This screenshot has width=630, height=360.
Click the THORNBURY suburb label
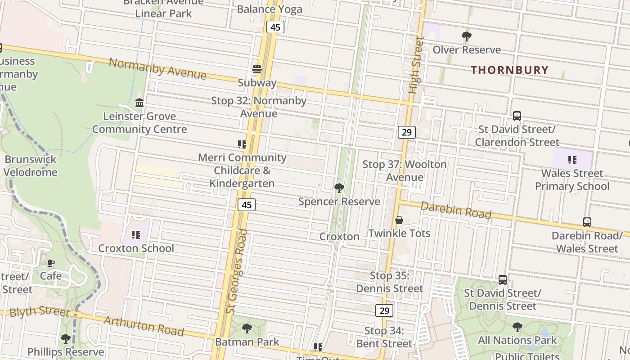point(509,70)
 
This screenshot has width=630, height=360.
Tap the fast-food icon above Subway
point(256,69)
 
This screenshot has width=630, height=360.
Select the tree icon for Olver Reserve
point(467,36)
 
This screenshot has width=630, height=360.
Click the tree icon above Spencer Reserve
point(339,188)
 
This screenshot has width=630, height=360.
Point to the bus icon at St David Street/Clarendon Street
point(517,116)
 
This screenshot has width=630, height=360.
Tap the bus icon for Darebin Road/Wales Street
point(587,222)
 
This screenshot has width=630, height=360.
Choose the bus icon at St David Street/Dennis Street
point(503,280)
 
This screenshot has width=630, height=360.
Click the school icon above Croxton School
point(136,235)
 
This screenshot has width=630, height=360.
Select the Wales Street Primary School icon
point(572,160)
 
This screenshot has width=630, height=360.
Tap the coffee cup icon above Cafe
point(51,263)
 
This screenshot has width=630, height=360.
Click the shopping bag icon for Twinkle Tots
point(399,220)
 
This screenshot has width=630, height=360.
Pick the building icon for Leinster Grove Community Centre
point(139,103)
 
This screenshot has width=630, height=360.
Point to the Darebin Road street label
point(456,210)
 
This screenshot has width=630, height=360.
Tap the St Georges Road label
point(237,271)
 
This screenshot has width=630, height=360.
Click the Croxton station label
point(339,237)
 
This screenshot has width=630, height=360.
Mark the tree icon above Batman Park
point(247,328)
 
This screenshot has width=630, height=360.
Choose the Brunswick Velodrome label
point(31,166)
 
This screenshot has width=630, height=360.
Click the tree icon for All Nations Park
point(517,327)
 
